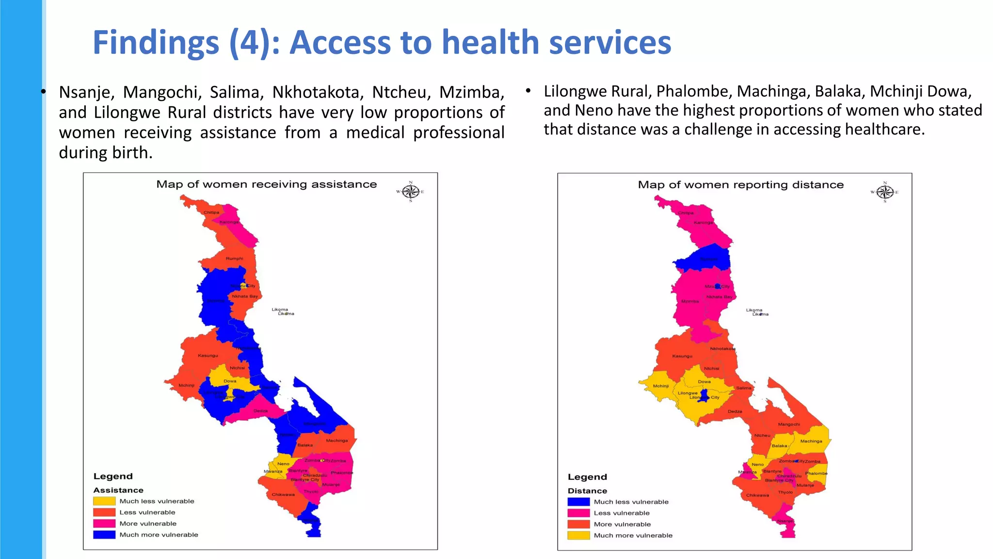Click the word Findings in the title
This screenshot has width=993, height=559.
point(156,43)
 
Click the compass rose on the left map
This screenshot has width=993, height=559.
point(411,192)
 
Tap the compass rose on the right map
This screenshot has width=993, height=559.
point(885,192)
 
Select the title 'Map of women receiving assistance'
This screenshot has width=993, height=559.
point(266,184)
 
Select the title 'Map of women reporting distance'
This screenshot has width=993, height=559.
point(740,185)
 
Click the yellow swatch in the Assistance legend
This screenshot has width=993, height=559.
point(104,501)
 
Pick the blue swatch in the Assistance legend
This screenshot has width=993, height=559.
point(104,535)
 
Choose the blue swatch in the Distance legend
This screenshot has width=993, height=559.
point(578,502)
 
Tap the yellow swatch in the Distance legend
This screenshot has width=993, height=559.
point(578,535)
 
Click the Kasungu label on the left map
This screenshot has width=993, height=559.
point(208,356)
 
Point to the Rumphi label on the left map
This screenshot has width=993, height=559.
point(234,259)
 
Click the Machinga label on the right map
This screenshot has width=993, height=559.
point(811,441)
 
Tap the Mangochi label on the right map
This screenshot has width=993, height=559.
point(788,424)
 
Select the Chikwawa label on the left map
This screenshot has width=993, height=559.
point(283,494)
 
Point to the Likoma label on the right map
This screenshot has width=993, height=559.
point(754,310)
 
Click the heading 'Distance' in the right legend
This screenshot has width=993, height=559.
point(587,491)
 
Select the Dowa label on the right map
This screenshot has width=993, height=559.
point(704,381)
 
